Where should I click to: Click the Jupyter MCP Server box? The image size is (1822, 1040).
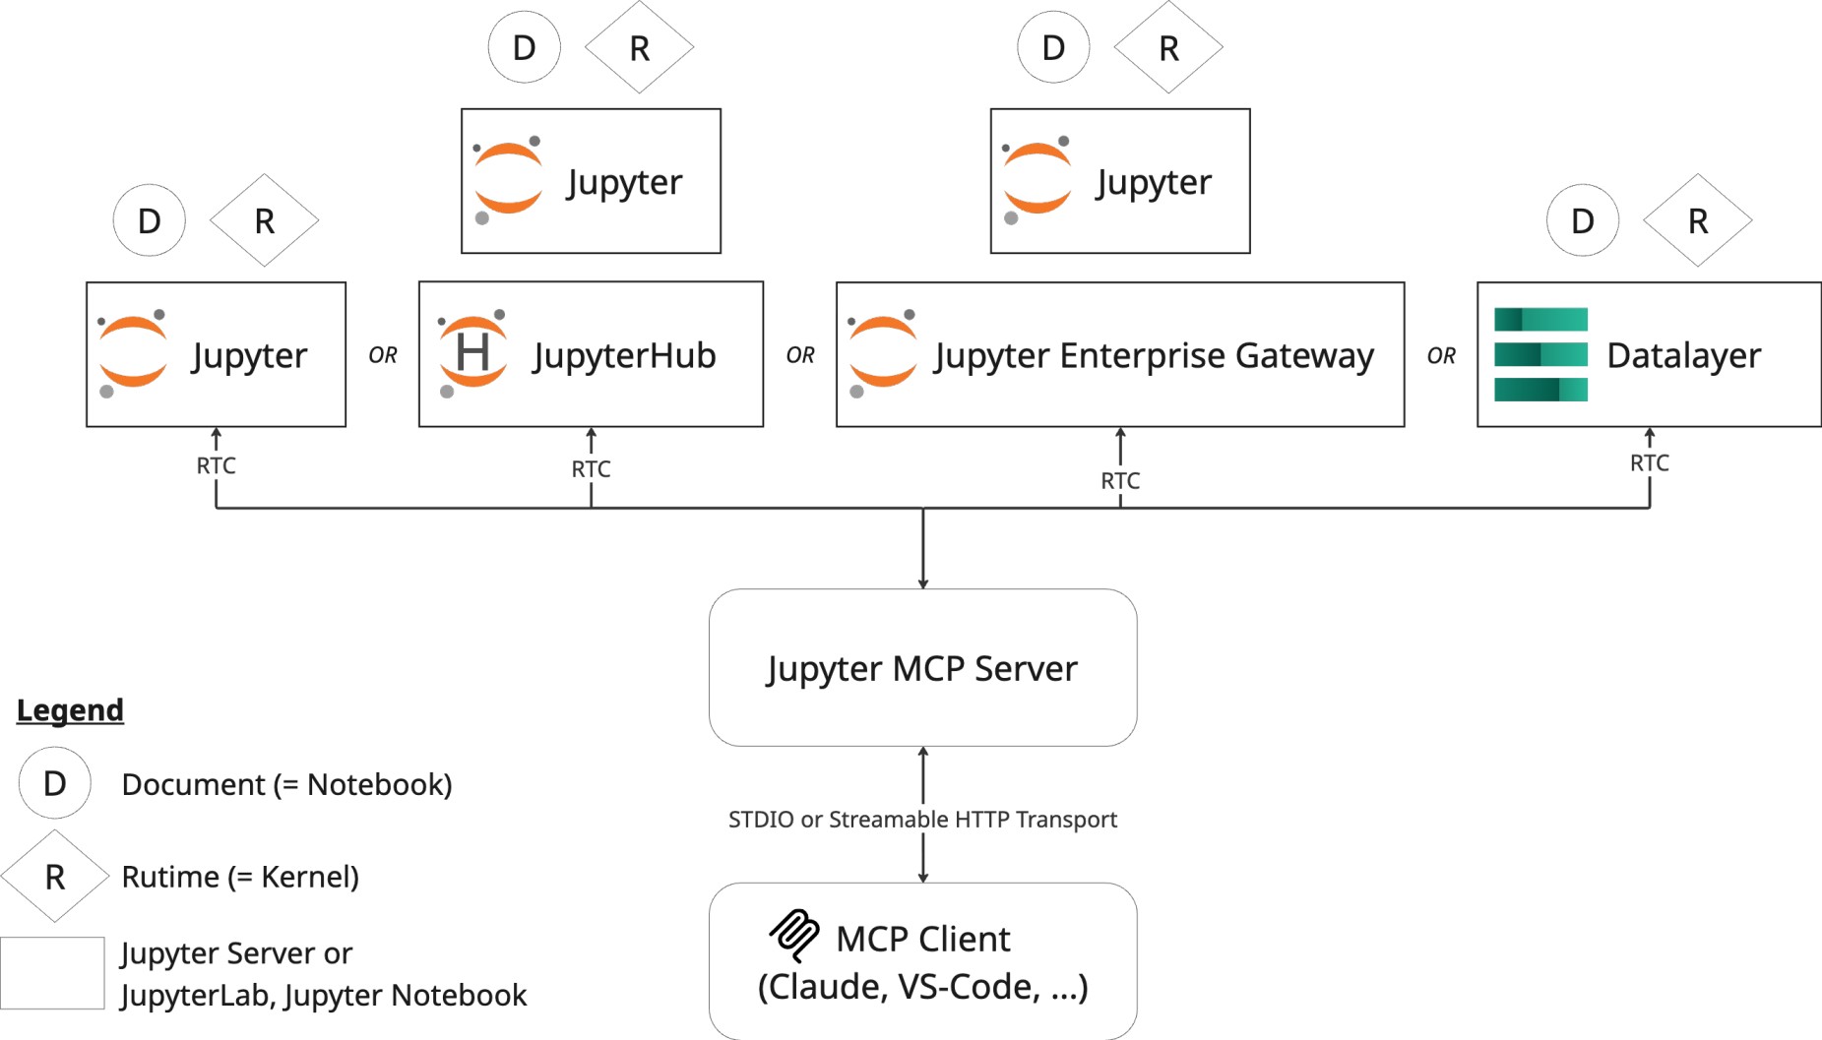(x=922, y=668)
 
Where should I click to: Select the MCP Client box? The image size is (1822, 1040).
(x=922, y=961)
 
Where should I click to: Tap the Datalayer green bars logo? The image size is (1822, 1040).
(x=1540, y=354)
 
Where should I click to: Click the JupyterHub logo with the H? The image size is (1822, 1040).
(x=472, y=352)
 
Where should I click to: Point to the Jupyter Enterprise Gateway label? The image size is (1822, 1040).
(x=1154, y=355)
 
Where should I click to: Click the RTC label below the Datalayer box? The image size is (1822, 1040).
(x=1649, y=463)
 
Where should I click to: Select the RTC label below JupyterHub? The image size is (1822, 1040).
(x=591, y=469)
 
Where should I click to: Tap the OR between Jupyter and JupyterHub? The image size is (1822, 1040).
(x=383, y=355)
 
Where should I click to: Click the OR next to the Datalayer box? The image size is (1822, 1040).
(x=1441, y=355)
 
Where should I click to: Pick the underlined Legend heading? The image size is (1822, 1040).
(x=70, y=709)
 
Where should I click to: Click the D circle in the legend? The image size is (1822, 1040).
(x=55, y=783)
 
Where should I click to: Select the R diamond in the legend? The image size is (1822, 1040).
(x=55, y=877)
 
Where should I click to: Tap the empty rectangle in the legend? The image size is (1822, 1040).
(x=52, y=973)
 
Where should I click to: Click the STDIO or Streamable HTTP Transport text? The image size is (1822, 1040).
(x=922, y=819)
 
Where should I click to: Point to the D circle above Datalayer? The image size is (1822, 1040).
(x=1582, y=220)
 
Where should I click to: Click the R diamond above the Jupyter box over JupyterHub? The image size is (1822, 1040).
(x=639, y=47)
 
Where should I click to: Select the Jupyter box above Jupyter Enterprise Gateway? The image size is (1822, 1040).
(x=1120, y=181)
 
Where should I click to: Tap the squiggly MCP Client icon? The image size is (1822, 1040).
(x=794, y=935)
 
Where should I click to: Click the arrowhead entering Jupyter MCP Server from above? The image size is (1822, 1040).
(x=922, y=583)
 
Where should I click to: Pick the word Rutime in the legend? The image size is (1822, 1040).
(x=170, y=877)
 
